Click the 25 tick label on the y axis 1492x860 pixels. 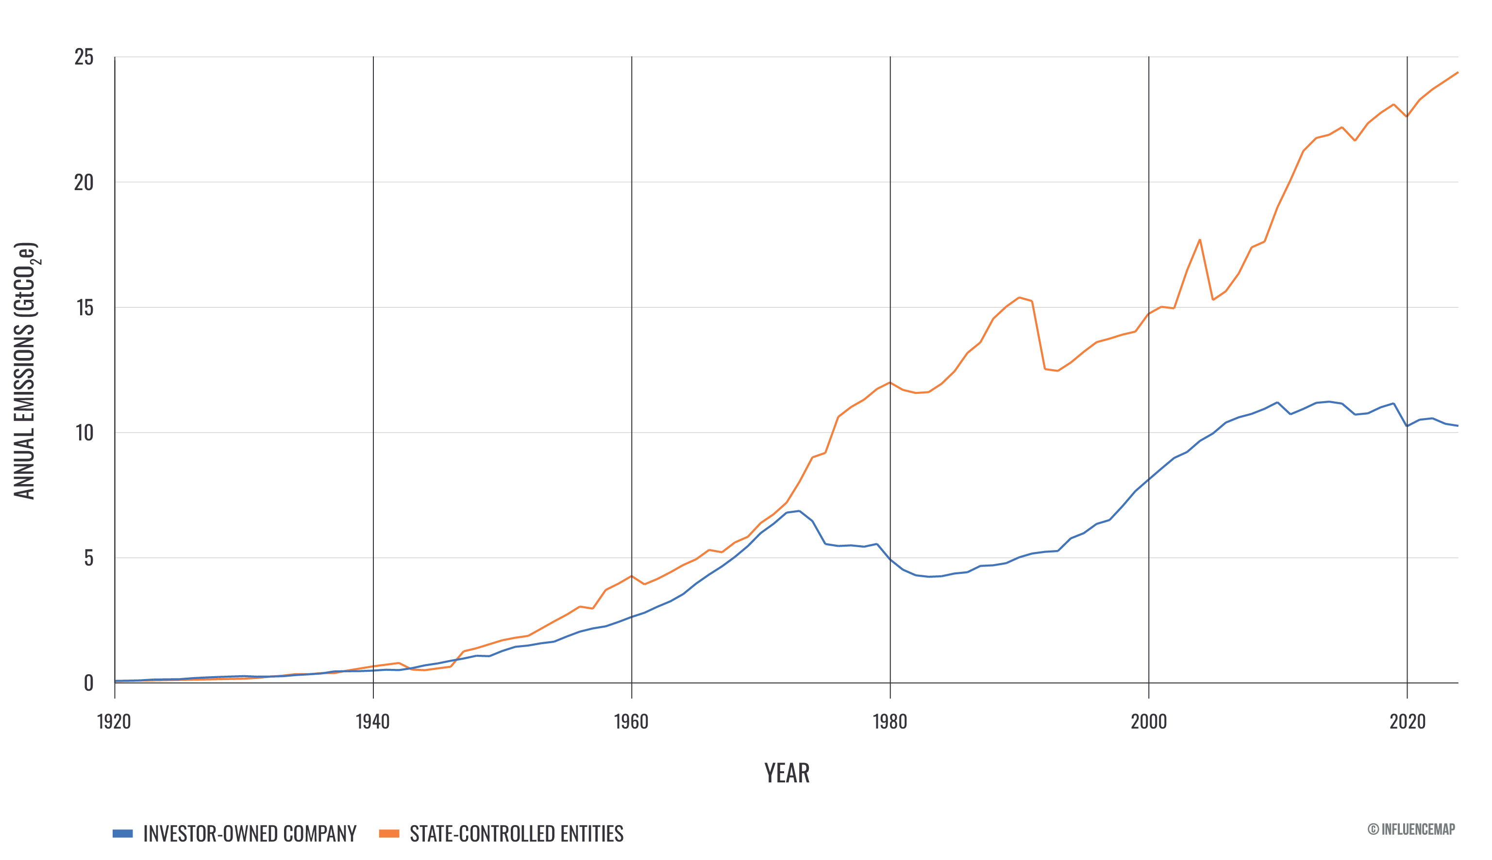click(84, 57)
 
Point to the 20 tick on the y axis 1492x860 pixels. click(84, 182)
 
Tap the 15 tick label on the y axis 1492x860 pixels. click(84, 308)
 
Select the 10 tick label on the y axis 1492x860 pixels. click(84, 433)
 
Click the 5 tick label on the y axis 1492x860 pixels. click(89, 558)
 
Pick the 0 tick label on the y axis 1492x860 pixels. click(89, 683)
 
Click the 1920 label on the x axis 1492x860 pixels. click(114, 721)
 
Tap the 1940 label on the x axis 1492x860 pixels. click(373, 721)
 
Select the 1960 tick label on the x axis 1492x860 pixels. click(631, 721)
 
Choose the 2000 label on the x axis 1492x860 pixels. click(1149, 721)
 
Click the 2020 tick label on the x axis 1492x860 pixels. click(1408, 721)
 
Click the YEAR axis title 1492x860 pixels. click(787, 773)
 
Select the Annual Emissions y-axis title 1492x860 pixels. click(25, 371)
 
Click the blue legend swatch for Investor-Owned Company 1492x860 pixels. click(123, 833)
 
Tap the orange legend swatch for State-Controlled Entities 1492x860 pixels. click(389, 833)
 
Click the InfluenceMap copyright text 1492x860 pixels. click(1411, 829)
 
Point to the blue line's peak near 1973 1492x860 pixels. click(799, 510)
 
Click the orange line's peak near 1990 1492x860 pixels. click(1019, 297)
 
